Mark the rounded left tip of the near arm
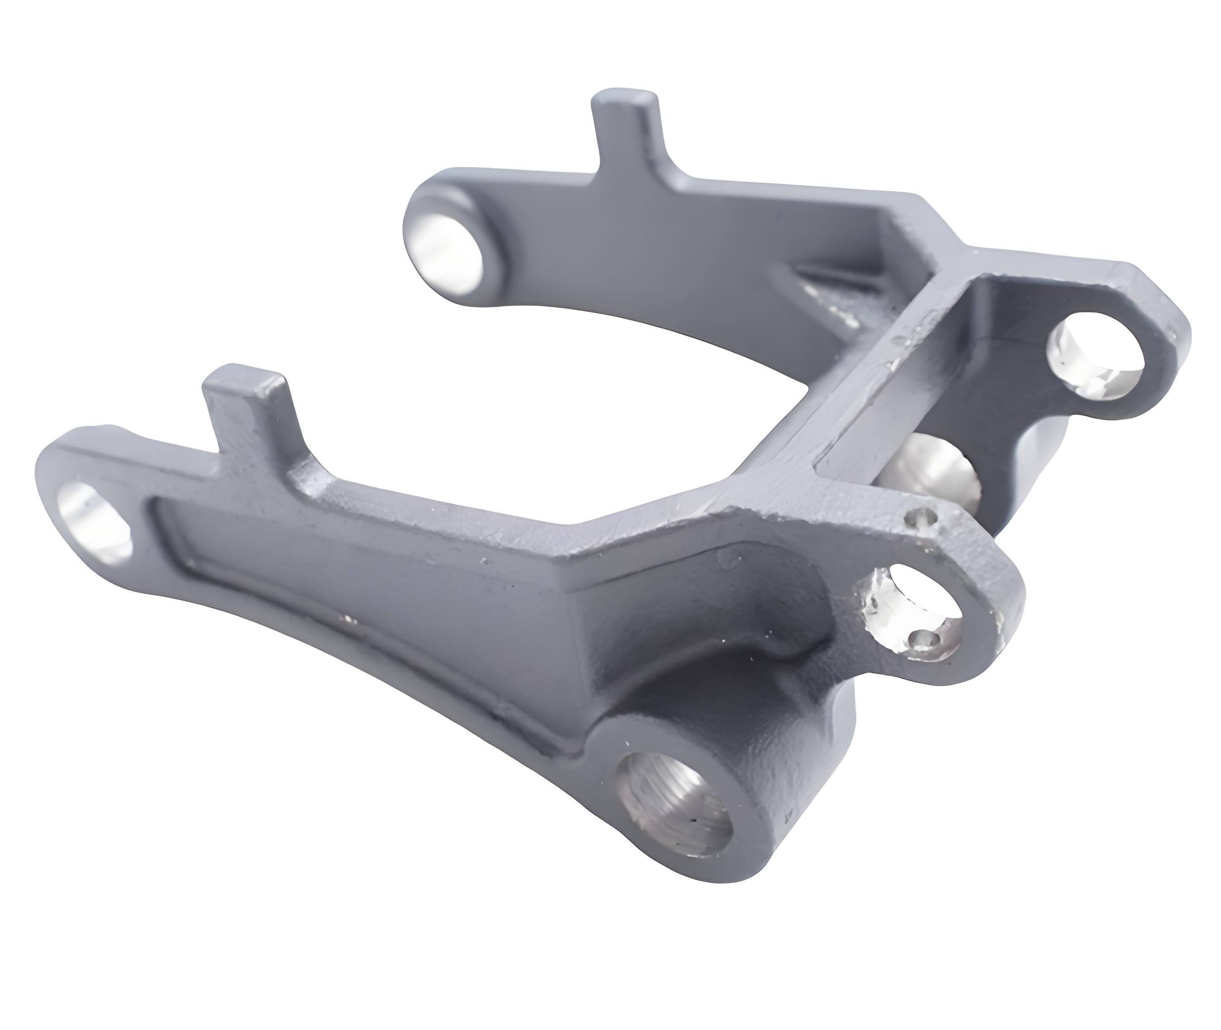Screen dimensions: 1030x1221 pyautogui.click(x=50, y=485)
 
